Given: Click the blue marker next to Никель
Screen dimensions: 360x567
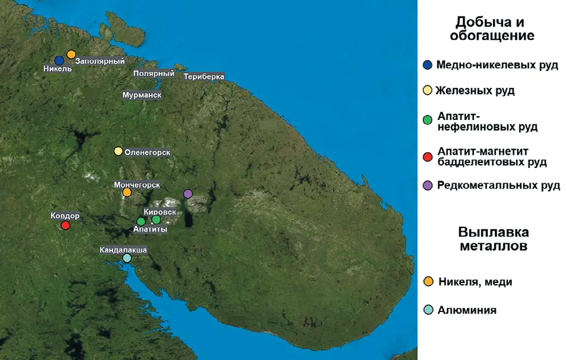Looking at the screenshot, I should [x=59, y=61].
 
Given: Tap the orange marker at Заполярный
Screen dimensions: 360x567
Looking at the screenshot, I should [x=71, y=54].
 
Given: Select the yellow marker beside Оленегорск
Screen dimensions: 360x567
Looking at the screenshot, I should [x=118, y=151].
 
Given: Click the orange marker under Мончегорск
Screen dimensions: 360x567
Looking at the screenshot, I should [x=127, y=192].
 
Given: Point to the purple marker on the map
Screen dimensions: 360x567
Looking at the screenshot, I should [x=188, y=194].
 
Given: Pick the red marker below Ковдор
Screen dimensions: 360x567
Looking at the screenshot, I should [x=65, y=225].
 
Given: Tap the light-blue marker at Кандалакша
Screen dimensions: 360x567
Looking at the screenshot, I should [x=127, y=258].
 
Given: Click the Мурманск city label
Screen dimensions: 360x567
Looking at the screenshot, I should [x=142, y=95].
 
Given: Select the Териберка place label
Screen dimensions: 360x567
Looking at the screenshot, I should [x=204, y=77].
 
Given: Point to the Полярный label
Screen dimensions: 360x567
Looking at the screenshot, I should [x=154, y=74].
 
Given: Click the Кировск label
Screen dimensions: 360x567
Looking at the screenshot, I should [x=160, y=212].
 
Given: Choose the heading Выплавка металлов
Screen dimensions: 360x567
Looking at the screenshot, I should [x=493, y=239].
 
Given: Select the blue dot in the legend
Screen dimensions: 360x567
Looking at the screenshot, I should [x=428, y=65].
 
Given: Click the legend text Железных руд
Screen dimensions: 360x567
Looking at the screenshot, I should [x=475, y=91].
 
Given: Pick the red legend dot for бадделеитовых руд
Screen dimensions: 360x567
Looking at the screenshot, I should [x=428, y=157].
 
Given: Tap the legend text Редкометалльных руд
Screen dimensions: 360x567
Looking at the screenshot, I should [x=498, y=185].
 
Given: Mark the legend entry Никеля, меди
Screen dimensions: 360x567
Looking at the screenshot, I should [x=475, y=281].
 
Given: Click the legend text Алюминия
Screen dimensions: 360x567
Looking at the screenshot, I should [x=467, y=310].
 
